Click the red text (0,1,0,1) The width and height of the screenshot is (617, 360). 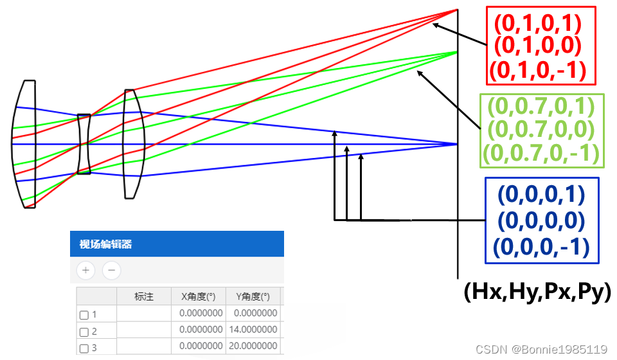tap(537, 24)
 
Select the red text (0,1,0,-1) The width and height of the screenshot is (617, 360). tap(537, 69)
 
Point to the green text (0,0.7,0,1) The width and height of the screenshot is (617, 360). tap(541, 107)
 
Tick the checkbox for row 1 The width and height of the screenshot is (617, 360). tap(84, 315)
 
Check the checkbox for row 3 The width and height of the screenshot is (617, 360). tap(84, 349)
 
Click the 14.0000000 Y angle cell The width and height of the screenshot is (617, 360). tap(253, 331)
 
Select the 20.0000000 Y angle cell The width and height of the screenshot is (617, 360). tap(253, 348)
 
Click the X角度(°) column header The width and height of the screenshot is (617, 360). tap(199, 296)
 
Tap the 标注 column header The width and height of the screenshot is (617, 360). tap(144, 296)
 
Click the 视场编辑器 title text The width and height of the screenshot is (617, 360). tap(105, 244)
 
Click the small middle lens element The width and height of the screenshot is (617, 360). tap(84, 144)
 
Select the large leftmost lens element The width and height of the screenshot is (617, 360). tap(25, 144)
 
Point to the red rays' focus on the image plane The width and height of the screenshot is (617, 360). tap(457, 10)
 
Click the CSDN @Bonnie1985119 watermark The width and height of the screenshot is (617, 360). tap(541, 349)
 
